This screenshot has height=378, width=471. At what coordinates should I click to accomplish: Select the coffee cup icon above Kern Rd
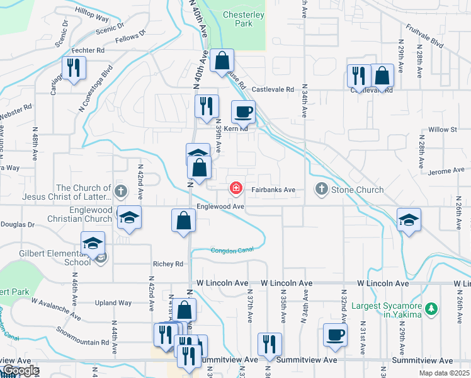click(x=243, y=112)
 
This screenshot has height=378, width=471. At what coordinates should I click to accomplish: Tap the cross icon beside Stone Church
click(x=321, y=189)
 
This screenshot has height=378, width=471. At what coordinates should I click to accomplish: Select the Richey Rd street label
click(x=167, y=264)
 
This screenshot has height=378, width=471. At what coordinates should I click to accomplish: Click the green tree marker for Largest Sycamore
click(x=431, y=309)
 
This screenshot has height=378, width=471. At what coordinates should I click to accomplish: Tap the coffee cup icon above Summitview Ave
click(x=334, y=334)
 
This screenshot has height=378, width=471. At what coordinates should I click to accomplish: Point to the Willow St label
click(x=442, y=130)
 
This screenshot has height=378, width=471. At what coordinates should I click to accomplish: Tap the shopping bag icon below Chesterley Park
click(x=222, y=60)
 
